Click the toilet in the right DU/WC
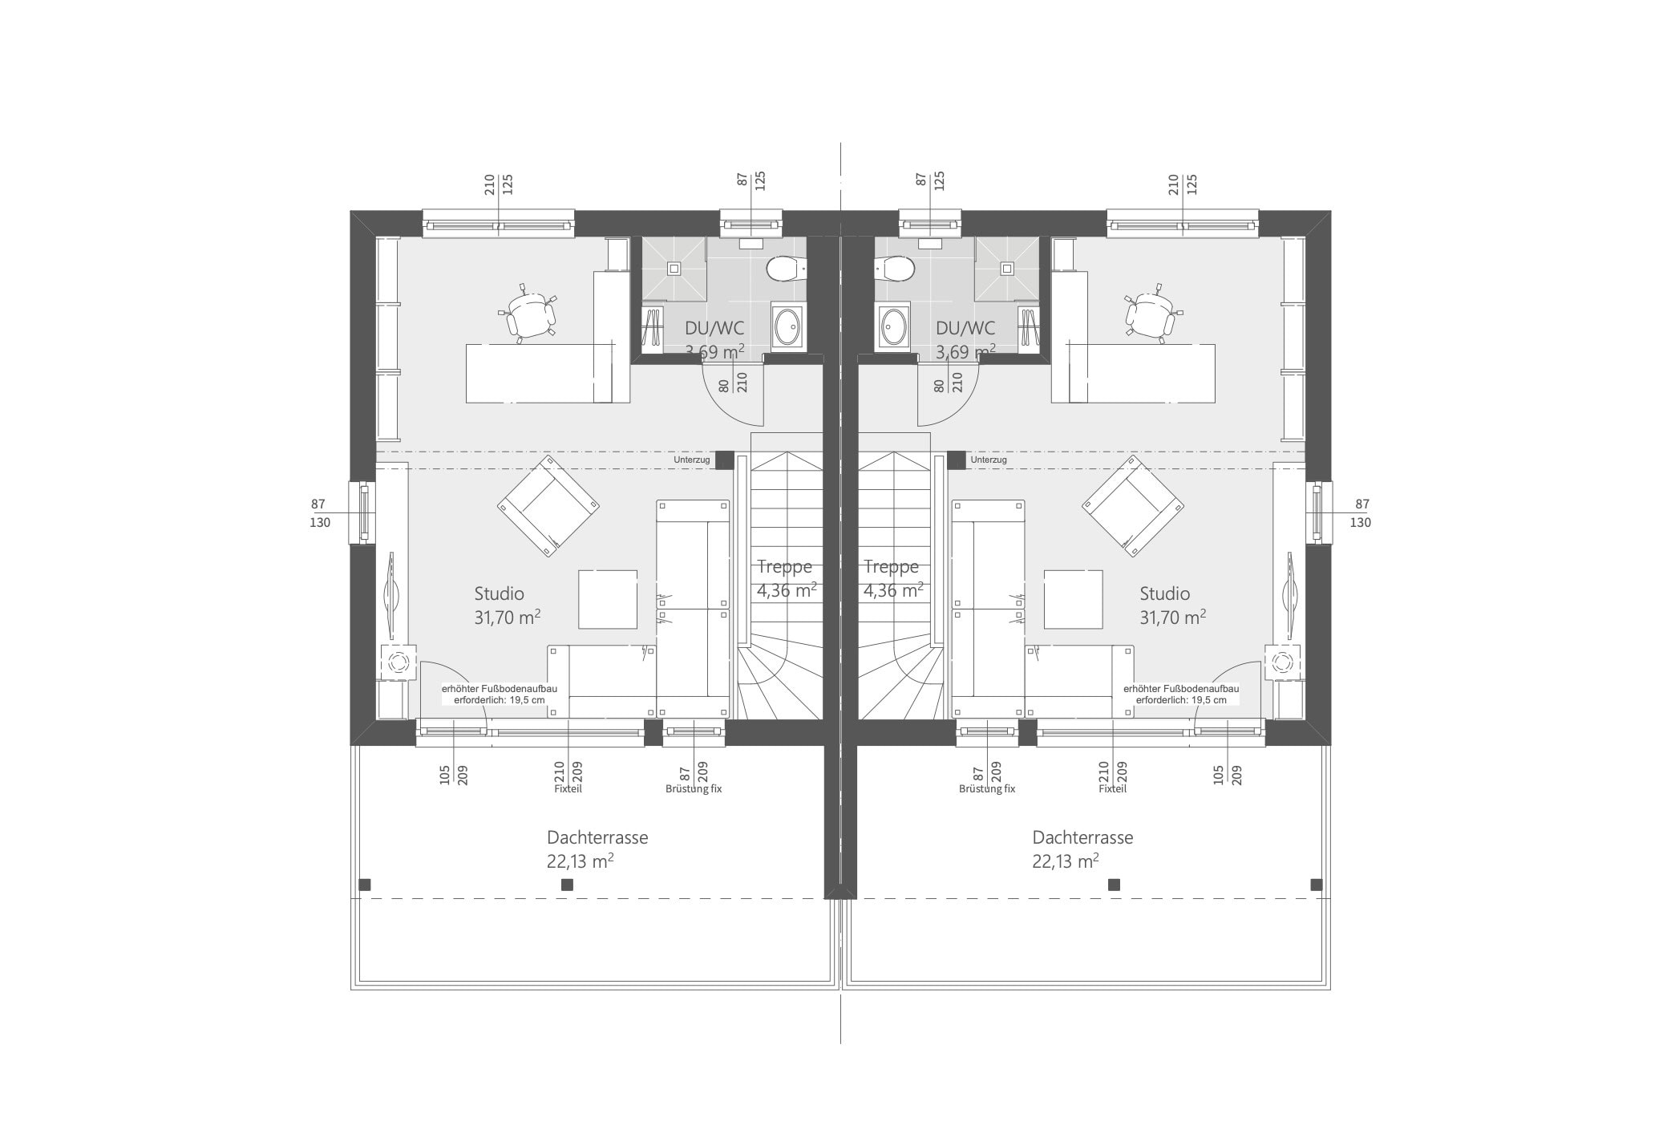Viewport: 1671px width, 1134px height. pyautogui.click(x=896, y=269)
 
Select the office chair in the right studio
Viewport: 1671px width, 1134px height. pyautogui.click(x=1152, y=314)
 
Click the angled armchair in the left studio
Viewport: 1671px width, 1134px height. pyautogui.click(x=549, y=506)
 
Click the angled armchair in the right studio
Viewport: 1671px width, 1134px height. pyautogui.click(x=1132, y=506)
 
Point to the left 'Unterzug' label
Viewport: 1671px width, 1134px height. pyautogui.click(x=691, y=460)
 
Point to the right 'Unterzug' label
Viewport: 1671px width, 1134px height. pyautogui.click(x=989, y=460)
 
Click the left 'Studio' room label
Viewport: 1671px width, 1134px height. pyautogui.click(x=499, y=594)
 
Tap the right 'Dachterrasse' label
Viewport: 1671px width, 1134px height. pyautogui.click(x=1082, y=838)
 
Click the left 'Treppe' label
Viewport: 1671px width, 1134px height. pyautogui.click(x=784, y=568)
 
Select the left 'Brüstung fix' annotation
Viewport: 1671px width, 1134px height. pyautogui.click(x=694, y=789)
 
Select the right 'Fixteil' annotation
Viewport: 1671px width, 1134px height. pyautogui.click(x=1112, y=789)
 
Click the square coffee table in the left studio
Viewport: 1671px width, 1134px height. pyautogui.click(x=608, y=599)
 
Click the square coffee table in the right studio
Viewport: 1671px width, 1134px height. pyautogui.click(x=1073, y=599)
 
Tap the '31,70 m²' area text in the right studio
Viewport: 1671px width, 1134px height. pyautogui.click(x=1172, y=617)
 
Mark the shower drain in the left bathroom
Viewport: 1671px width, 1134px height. pyautogui.click(x=674, y=269)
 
